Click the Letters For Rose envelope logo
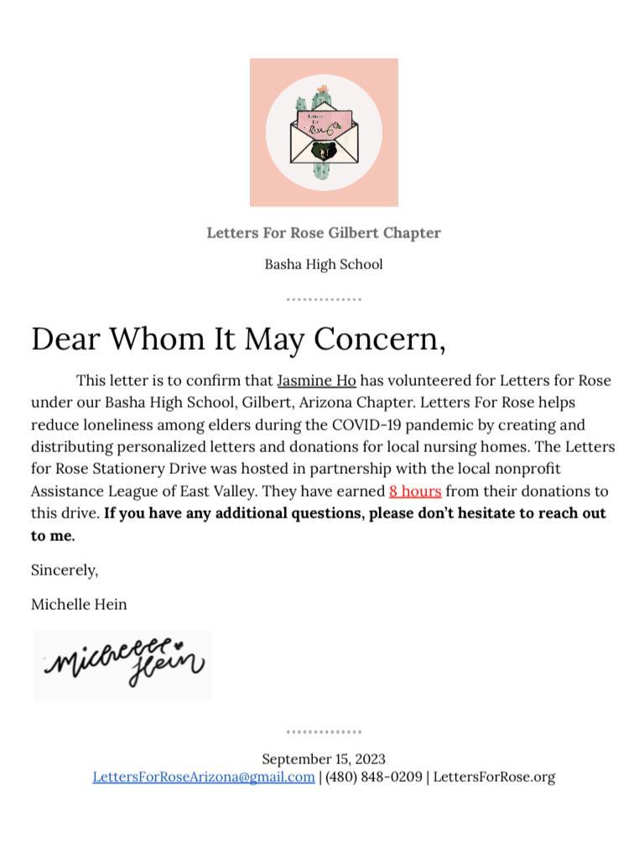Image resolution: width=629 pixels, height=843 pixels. pyautogui.click(x=324, y=133)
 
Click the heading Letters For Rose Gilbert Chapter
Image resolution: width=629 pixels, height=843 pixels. pyautogui.click(x=324, y=232)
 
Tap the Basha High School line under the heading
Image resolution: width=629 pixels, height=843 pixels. pyautogui.click(x=324, y=264)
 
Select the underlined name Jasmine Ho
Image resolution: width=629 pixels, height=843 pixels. pyautogui.click(x=316, y=381)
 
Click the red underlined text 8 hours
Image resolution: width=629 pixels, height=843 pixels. pyautogui.click(x=415, y=491)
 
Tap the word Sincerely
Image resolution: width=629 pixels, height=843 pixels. pyautogui.click(x=65, y=570)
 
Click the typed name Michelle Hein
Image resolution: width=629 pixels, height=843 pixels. pyautogui.click(x=79, y=604)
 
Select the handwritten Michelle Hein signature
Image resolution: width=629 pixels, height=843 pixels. pyautogui.click(x=123, y=664)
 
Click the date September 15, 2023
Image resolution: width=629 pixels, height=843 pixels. pyautogui.click(x=324, y=759)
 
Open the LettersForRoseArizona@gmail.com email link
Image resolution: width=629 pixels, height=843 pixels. pyautogui.click(x=204, y=777)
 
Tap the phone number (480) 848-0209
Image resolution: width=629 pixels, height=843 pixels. pyautogui.click(x=374, y=777)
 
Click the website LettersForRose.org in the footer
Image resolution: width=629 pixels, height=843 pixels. pyautogui.click(x=494, y=777)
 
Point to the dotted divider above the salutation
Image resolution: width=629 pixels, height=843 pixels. pyautogui.click(x=324, y=299)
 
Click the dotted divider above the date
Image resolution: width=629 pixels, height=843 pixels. pyautogui.click(x=324, y=731)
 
